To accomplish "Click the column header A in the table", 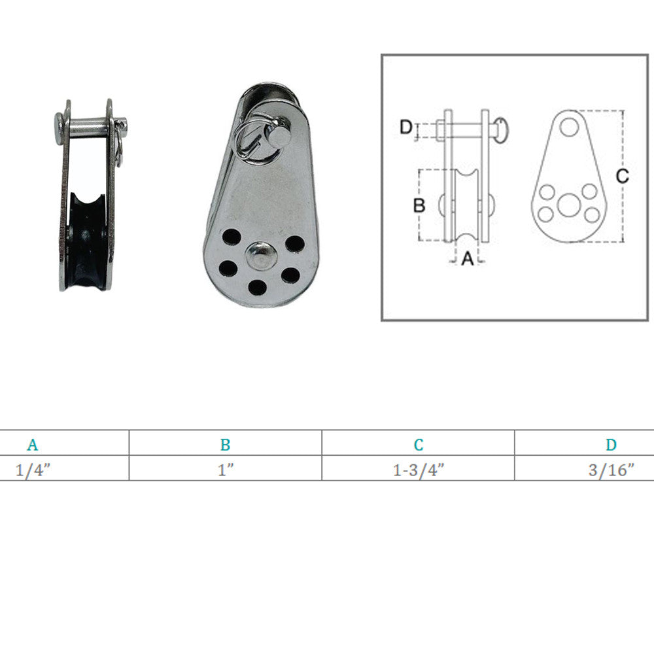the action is click(x=33, y=445).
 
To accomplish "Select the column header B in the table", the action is click(x=225, y=445).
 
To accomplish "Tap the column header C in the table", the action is click(x=419, y=445).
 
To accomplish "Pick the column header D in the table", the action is click(x=611, y=445).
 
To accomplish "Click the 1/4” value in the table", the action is click(x=33, y=470).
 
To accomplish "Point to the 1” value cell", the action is click(x=225, y=470).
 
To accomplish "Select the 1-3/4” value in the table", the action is click(x=419, y=470).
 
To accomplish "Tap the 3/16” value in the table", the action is click(x=611, y=470).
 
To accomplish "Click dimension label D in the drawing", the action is click(x=406, y=128).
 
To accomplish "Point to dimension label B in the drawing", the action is click(x=419, y=205).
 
